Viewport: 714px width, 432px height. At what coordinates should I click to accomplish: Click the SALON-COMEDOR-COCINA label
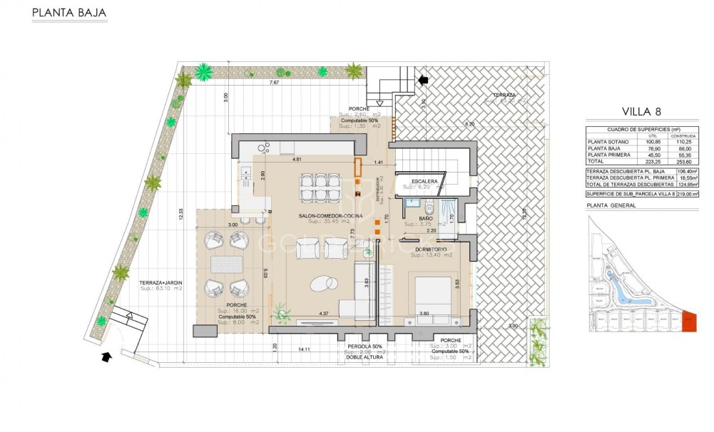tap(331, 215)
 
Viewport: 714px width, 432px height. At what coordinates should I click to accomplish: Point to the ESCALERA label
tap(424, 182)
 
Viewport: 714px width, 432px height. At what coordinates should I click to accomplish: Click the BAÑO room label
tap(426, 218)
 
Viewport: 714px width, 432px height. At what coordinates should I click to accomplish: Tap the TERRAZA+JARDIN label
tap(161, 283)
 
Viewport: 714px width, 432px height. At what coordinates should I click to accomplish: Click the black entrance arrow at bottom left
tap(106, 356)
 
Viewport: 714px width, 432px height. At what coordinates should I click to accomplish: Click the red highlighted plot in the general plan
tap(688, 322)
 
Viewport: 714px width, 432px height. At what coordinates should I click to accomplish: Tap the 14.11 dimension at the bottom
tap(304, 349)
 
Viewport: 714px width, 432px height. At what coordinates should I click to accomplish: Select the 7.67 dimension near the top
tap(273, 83)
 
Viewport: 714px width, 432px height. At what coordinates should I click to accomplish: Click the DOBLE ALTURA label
tap(366, 358)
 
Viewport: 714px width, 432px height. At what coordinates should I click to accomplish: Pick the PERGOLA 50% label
tap(365, 346)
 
